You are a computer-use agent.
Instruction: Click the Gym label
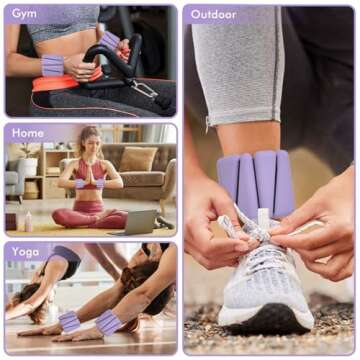(25, 14)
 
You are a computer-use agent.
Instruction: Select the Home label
(28, 132)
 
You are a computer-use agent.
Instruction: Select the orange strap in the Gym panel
(60, 83)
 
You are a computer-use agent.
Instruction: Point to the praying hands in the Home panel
(89, 169)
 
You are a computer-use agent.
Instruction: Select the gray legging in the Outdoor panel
(240, 60)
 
